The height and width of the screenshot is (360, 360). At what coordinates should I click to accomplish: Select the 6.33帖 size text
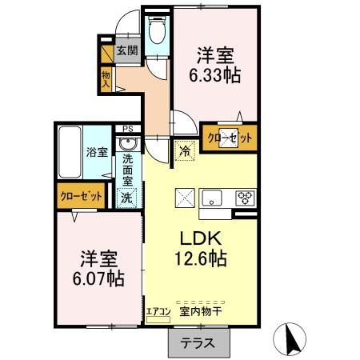pyautogui.click(x=214, y=77)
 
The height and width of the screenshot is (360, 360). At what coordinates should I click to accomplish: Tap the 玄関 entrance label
pyautogui.click(x=126, y=50)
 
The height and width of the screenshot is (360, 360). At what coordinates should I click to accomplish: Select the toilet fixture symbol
pyautogui.click(x=157, y=33)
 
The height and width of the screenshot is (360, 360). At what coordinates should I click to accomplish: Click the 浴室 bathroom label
pyautogui.click(x=97, y=152)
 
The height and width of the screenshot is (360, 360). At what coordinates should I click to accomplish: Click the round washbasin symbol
pyautogui.click(x=127, y=145)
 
